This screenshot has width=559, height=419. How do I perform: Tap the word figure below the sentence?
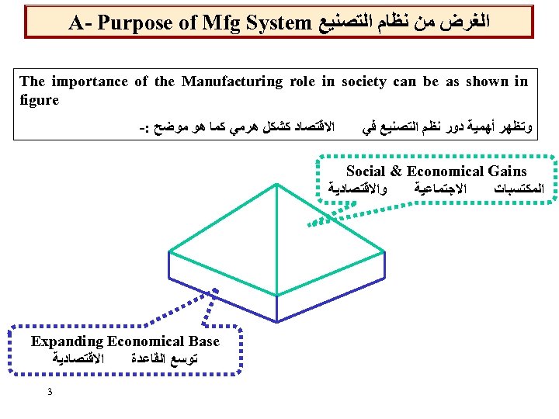click(x=39, y=99)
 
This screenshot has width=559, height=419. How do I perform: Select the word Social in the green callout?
click(x=366, y=171)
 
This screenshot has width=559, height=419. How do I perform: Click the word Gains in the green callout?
click(x=505, y=171)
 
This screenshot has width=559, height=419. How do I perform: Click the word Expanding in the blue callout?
click(x=67, y=341)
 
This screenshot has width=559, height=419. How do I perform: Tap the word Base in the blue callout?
click(x=203, y=341)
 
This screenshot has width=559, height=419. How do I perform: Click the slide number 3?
click(x=50, y=391)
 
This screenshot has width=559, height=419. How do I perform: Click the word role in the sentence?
click(x=305, y=81)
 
